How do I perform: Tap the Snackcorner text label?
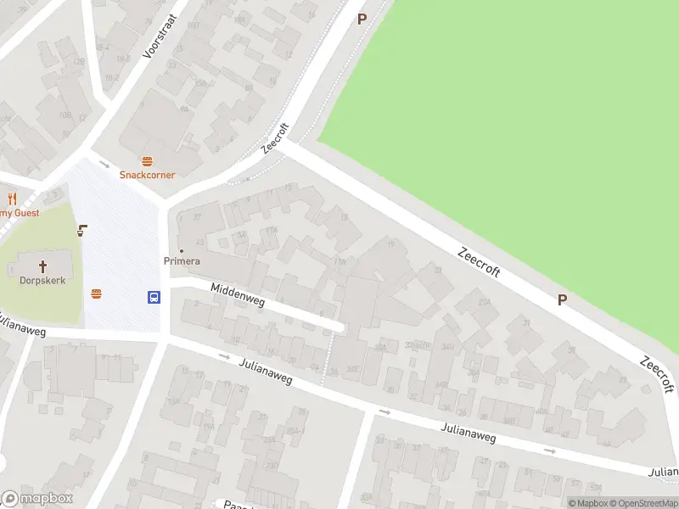147,175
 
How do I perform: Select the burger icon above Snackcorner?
147,160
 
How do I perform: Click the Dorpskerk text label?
42,279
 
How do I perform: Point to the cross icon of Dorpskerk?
42,265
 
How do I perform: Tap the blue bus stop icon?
154,297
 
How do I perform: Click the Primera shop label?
182,260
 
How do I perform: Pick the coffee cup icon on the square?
83,229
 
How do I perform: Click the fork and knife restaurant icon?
12,199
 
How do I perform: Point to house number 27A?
485,302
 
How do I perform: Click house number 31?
526,323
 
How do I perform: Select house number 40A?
542,411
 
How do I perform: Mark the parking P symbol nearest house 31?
562,299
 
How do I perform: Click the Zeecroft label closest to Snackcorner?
276,138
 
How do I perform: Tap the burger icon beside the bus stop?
97,294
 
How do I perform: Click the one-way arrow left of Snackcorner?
104,164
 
